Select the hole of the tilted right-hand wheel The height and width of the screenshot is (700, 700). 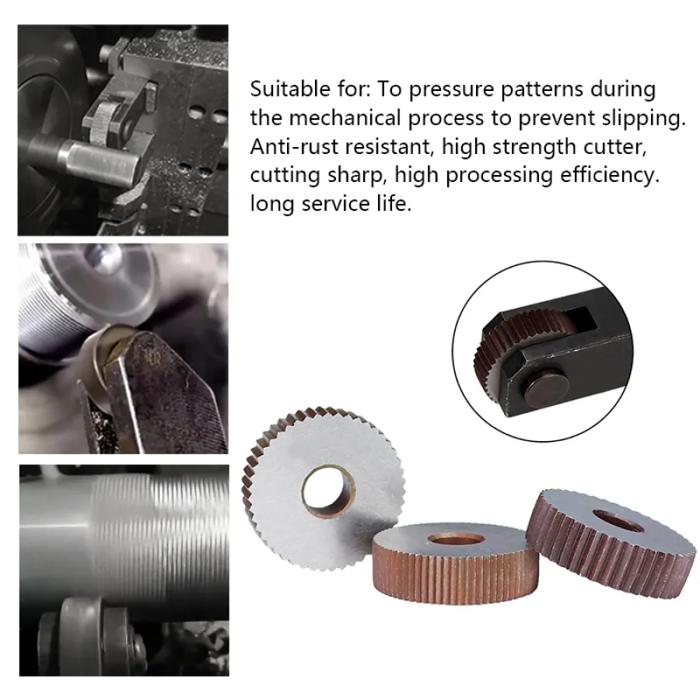pos(619,520)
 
